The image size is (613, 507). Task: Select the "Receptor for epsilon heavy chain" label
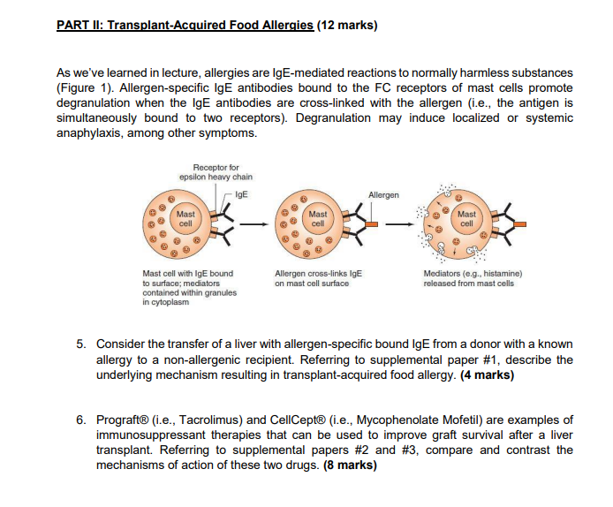216,171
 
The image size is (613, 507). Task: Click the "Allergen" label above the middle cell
382,194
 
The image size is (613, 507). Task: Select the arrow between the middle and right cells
400,224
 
